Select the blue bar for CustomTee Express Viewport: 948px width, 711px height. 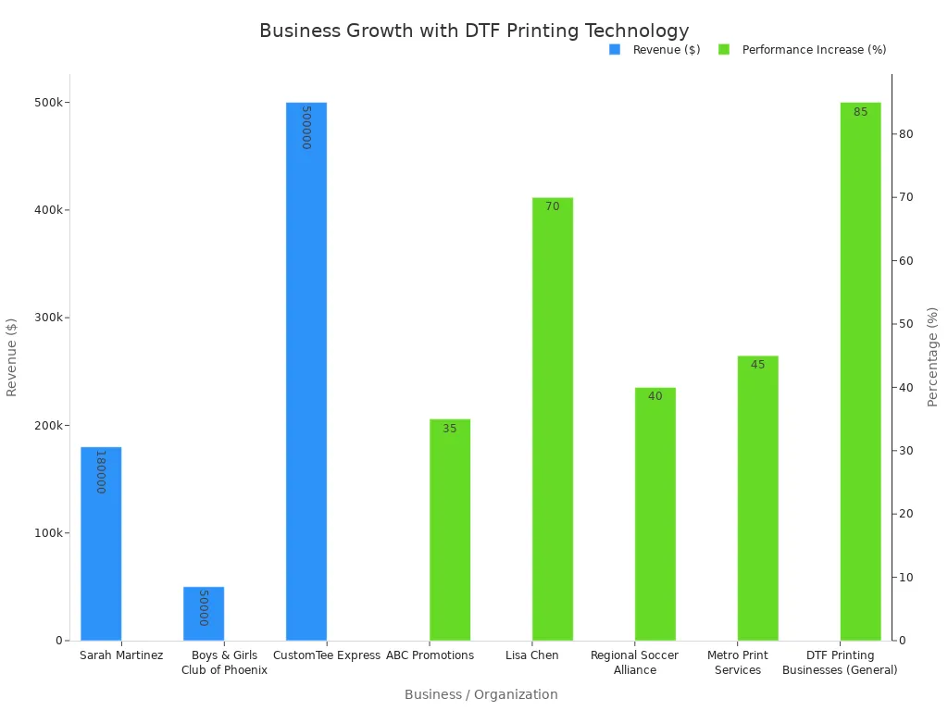point(306,371)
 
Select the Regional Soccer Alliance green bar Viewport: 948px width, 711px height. point(655,514)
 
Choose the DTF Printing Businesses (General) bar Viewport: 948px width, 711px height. point(861,371)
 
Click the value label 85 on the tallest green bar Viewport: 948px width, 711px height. point(861,112)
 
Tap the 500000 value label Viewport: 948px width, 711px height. point(306,127)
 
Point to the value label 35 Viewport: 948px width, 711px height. point(450,429)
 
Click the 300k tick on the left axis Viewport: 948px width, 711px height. point(48,318)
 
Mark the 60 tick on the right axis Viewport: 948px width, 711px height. point(905,261)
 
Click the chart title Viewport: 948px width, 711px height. point(474,31)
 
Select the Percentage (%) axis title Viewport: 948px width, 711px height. point(933,356)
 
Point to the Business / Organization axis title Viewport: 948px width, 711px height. point(481,694)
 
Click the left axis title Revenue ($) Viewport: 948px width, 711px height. point(12,356)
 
